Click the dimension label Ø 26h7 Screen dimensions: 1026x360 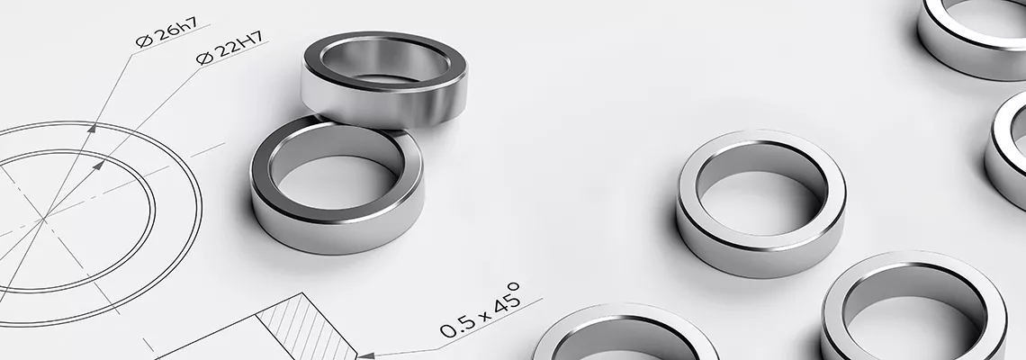166,32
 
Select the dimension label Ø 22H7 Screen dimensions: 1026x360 230,48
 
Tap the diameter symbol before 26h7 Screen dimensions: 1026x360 143,41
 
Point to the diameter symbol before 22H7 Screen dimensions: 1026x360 205,58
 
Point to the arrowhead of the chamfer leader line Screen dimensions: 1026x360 366,355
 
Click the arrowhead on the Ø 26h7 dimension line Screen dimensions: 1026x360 93,129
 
